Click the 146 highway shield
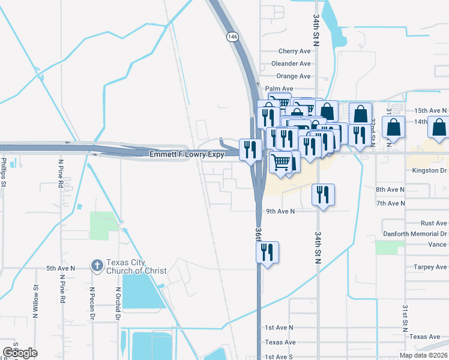[x=232, y=37]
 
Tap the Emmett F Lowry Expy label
[x=187, y=155]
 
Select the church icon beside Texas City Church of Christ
[x=97, y=265]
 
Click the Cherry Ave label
[x=294, y=52]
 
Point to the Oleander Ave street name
[x=291, y=64]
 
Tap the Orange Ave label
[x=294, y=76]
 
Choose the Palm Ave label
[x=279, y=89]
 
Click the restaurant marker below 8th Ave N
[x=323, y=195]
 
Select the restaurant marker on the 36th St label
[x=267, y=252]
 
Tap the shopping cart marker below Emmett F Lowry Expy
[x=280, y=163]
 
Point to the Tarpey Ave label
[x=430, y=267]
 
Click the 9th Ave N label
[x=280, y=211]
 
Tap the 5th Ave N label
[x=61, y=268]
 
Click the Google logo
[x=20, y=353]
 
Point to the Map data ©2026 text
[x=422, y=355]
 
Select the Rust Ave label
[x=433, y=223]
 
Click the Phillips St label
[x=4, y=172]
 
